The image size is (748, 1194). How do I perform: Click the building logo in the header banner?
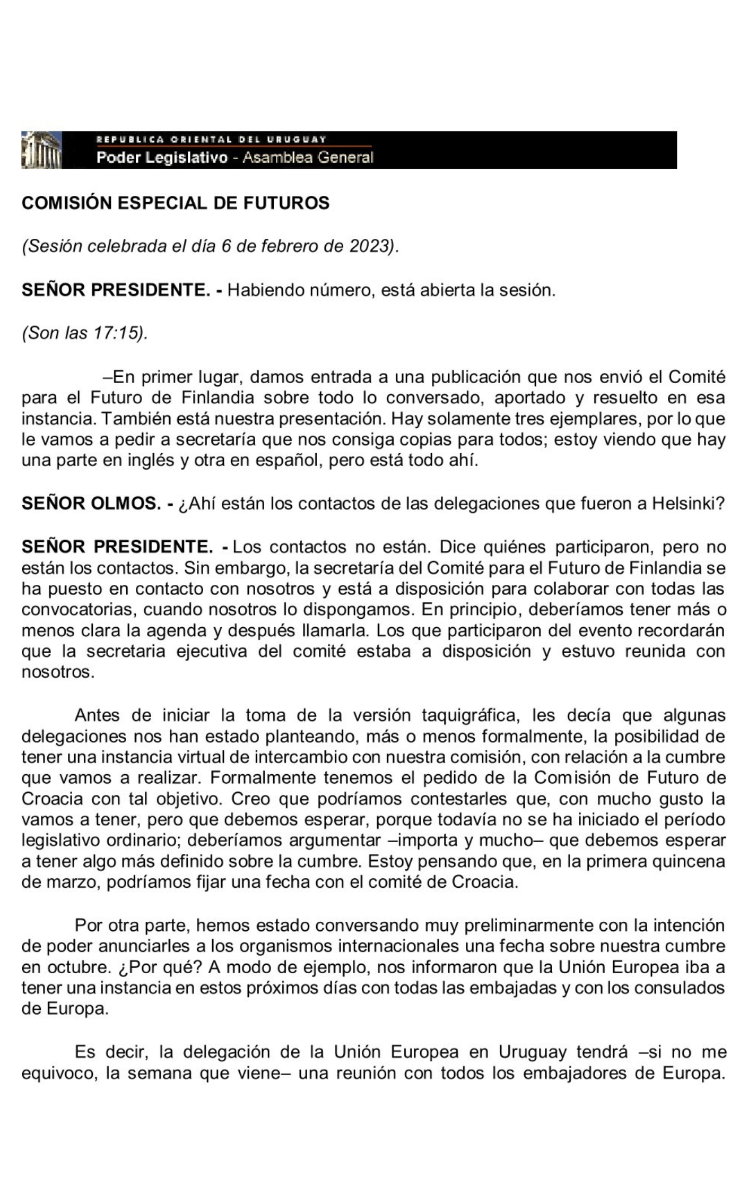point(41,150)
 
